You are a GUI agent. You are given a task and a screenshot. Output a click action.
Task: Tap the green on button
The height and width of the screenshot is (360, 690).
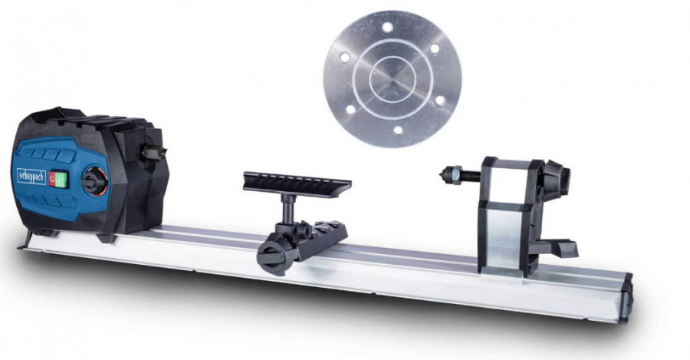pyautogui.click(x=62, y=179)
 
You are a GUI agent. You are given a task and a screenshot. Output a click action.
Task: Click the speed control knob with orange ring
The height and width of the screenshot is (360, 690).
pyautogui.click(x=92, y=183)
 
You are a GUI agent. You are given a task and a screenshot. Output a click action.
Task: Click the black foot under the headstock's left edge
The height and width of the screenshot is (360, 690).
pyautogui.click(x=25, y=241)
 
